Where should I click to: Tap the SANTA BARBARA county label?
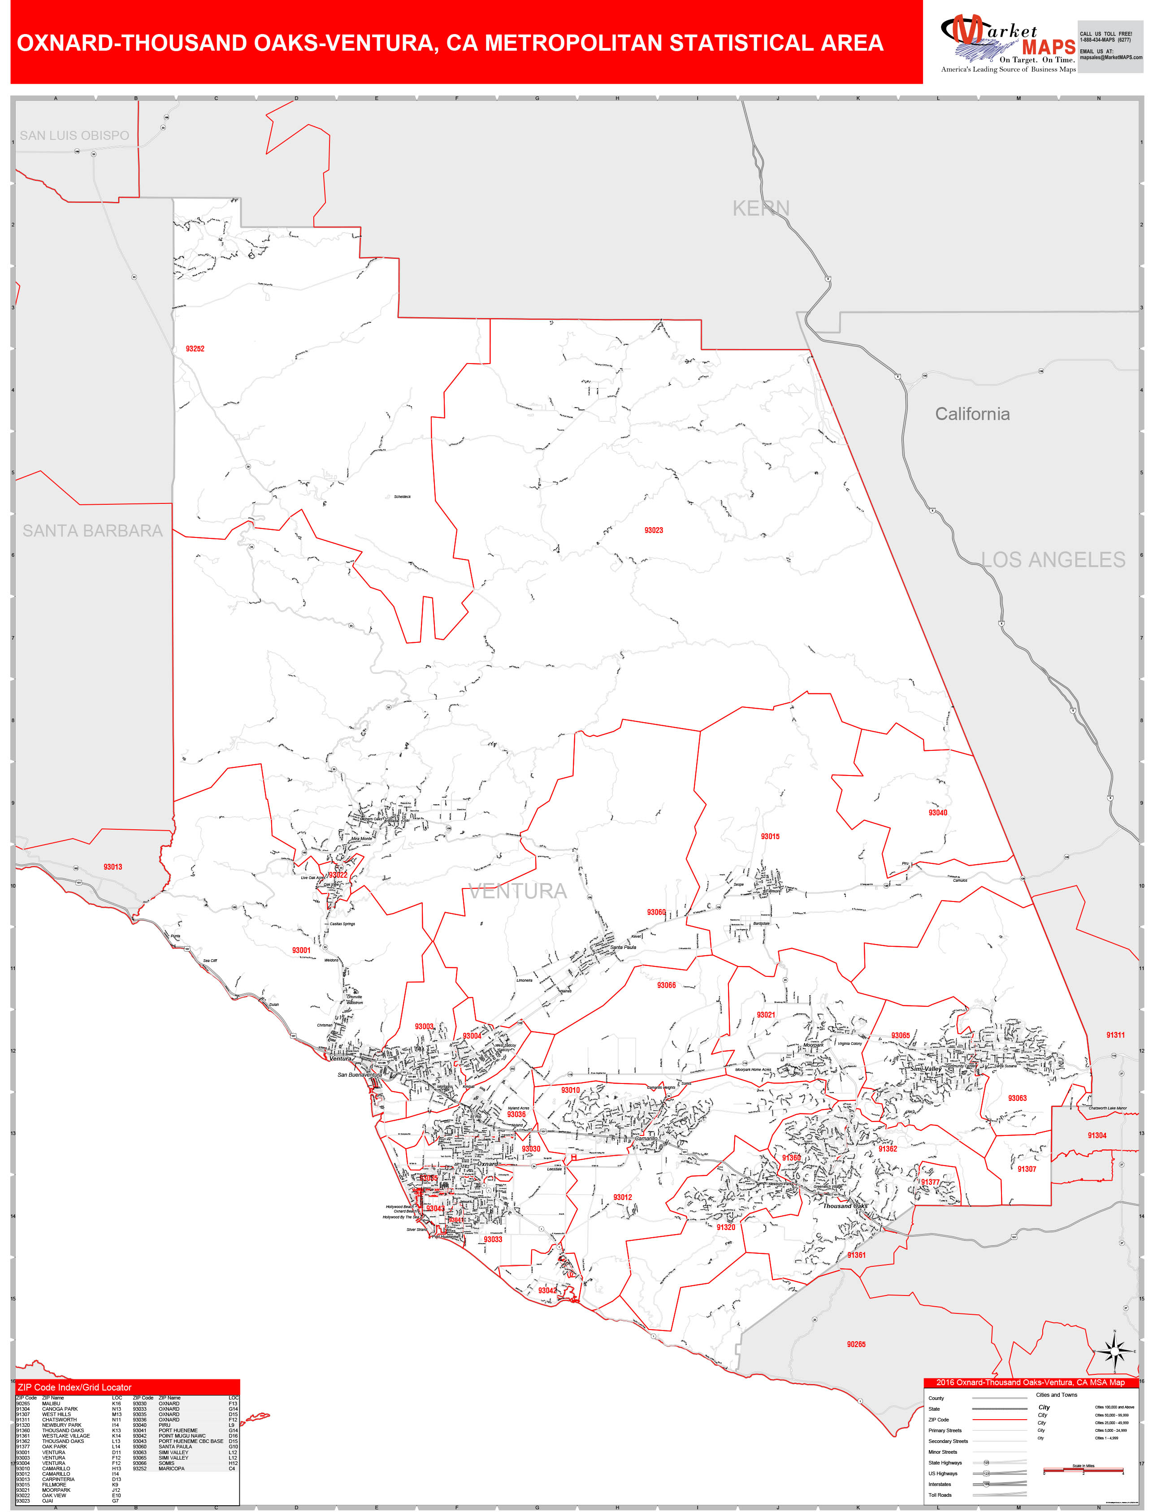pos(93,531)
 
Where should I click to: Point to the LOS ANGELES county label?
pos(1053,559)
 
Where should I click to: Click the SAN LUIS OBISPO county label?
pos(74,135)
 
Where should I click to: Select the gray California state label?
pos(972,414)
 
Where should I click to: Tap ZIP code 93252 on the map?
pos(195,349)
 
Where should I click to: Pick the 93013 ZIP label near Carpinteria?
pos(113,867)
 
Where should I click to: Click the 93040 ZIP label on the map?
pos(937,813)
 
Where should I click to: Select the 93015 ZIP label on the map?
pos(770,836)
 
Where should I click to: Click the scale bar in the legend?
pos(1083,1471)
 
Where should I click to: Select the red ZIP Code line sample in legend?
pos(999,1419)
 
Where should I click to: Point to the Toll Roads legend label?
pos(940,1495)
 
